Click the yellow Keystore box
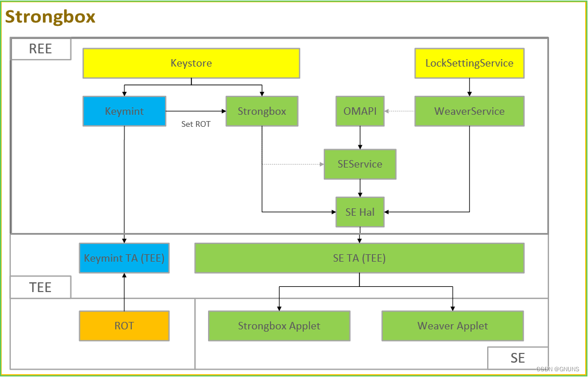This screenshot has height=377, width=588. (191, 63)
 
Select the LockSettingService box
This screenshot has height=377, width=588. (469, 63)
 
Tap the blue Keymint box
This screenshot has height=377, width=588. (124, 111)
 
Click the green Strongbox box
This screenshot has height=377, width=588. (261, 111)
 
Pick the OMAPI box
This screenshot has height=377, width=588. (360, 111)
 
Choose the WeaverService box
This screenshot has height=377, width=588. (469, 111)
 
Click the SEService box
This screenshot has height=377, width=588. (360, 164)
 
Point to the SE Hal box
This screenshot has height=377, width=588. (360, 212)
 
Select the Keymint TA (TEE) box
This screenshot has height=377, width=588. (124, 258)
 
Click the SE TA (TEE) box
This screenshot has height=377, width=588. (359, 258)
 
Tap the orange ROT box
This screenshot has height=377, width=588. (124, 326)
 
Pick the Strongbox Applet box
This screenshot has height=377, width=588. (279, 326)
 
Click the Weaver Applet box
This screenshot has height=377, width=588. (452, 326)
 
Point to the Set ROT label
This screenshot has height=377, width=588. (196, 124)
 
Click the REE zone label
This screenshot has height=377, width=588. (40, 49)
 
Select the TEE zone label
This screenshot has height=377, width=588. (40, 287)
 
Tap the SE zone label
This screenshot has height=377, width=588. (518, 358)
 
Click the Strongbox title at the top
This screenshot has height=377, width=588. (50, 17)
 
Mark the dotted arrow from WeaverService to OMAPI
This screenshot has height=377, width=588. (399, 111)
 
